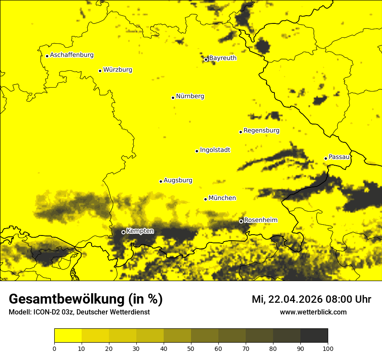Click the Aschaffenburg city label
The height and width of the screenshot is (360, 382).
tap(72, 55)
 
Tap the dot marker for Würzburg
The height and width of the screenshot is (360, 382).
tap(100, 71)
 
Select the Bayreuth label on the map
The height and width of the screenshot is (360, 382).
tap(223, 58)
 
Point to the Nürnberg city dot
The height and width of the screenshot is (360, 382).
tap(173, 98)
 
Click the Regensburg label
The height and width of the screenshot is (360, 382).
tap(261, 131)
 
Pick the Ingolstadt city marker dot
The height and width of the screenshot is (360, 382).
tap(197, 151)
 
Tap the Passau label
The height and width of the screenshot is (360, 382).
tap(339, 157)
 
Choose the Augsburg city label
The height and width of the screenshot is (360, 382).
tap(178, 180)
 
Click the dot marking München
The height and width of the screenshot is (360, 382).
tap(205, 199)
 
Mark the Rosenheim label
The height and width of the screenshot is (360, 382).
tap(260, 220)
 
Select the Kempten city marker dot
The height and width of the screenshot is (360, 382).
tap(123, 232)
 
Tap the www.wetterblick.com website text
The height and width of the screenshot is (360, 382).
tap(313, 312)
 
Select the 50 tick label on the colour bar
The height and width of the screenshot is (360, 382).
tap(191, 349)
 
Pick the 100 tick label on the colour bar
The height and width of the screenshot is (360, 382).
tap(328, 349)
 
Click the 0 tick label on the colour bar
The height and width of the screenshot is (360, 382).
tap(54, 349)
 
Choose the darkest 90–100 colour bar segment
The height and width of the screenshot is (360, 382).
tap(314, 336)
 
